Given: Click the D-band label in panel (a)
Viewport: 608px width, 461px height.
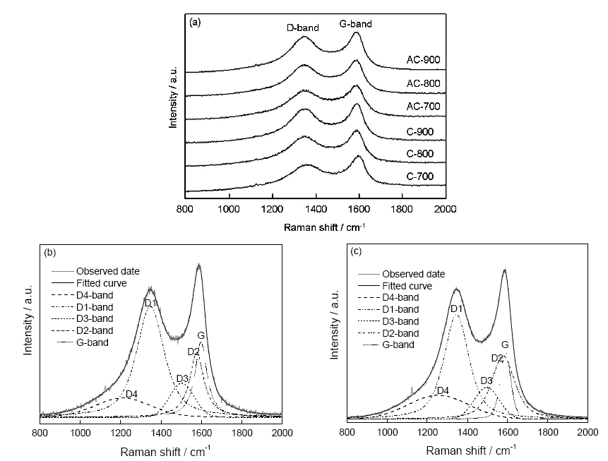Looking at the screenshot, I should click(x=302, y=28).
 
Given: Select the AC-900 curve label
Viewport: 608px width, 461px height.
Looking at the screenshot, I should click(x=424, y=60).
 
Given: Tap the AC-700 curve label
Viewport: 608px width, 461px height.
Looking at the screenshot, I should click(x=424, y=106).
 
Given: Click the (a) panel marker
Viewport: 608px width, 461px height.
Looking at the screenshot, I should click(x=196, y=22).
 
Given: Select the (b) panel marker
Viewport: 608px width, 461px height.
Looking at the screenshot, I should click(x=50, y=252).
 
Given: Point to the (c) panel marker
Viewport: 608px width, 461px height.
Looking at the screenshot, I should click(x=358, y=251).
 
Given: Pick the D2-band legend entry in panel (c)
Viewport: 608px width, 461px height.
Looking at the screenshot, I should click(x=400, y=333).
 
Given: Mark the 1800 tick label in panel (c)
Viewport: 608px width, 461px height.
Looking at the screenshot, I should click(x=547, y=429).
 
